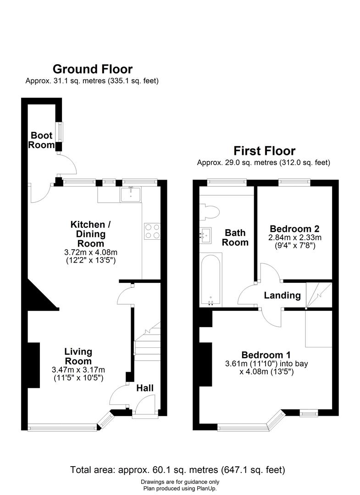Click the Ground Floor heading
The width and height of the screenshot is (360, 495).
point(93,69)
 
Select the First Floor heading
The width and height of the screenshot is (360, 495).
point(264,151)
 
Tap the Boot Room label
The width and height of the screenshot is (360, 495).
point(41,140)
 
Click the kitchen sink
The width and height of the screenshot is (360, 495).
point(131,194)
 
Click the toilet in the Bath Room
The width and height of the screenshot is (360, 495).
point(210,211)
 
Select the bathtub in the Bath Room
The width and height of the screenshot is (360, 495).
point(210,280)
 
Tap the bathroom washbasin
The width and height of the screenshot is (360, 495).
point(205,235)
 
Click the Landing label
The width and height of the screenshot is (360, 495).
point(282,296)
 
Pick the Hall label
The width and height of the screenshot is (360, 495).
point(145,388)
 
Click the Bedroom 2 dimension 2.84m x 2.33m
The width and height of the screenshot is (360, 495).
point(295,237)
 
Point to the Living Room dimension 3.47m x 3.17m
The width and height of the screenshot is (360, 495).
point(78,370)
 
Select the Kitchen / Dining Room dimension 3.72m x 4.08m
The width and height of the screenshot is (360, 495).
point(91,253)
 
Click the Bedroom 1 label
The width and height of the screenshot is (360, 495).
point(266,355)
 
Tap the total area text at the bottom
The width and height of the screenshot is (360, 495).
point(177,470)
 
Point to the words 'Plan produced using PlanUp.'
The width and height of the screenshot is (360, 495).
point(180,489)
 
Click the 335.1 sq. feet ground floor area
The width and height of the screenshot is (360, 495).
point(133,81)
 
